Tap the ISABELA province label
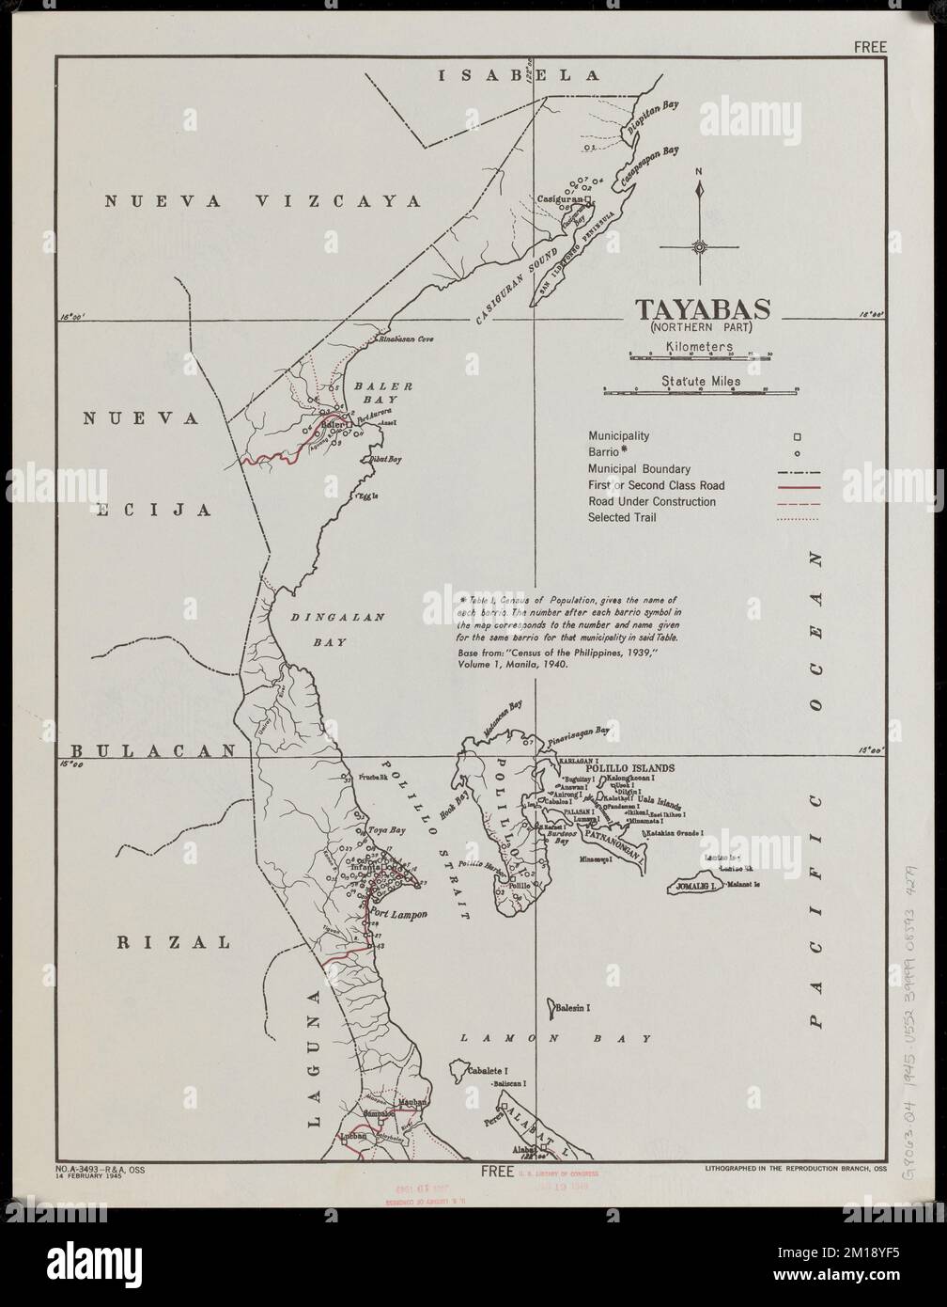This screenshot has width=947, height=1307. pos(519,76)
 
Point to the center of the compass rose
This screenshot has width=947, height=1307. pos(699,247)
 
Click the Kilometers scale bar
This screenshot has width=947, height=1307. pos(700,355)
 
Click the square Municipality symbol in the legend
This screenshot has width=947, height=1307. pos(797,436)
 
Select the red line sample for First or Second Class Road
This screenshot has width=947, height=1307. pos(798,486)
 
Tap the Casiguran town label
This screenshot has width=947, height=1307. pos(560,200)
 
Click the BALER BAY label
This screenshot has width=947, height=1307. pos(376,393)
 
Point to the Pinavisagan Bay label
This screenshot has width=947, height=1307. pos(577,730)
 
